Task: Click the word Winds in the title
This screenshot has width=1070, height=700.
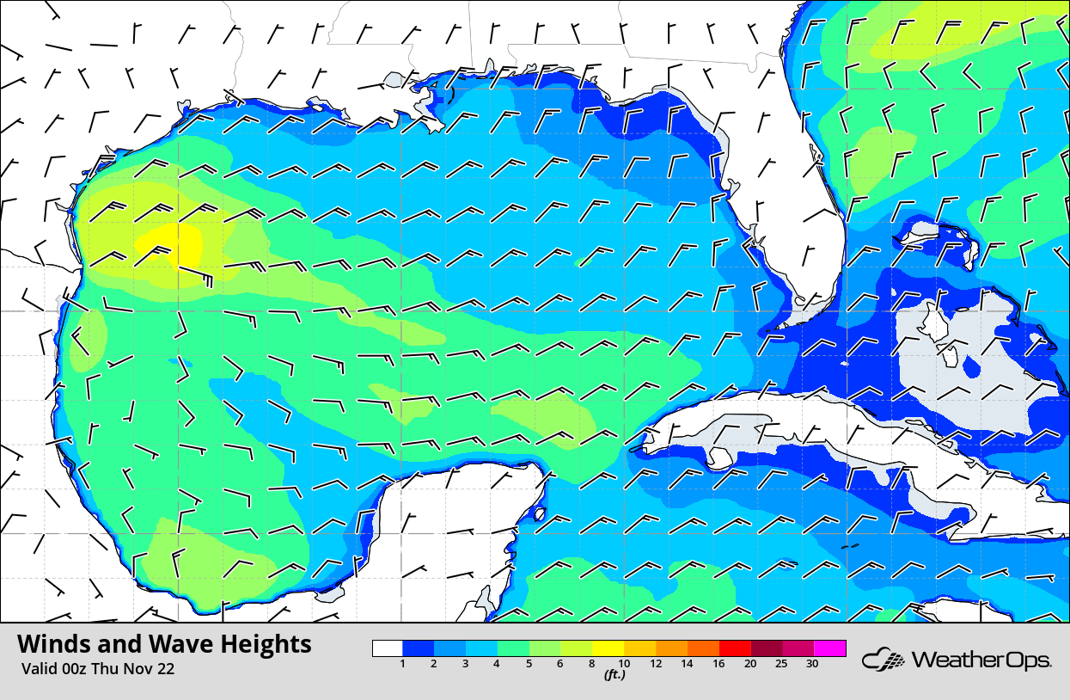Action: [x=52, y=644]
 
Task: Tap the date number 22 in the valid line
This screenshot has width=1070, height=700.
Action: [x=165, y=669]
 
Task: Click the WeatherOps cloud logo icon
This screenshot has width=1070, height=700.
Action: [x=884, y=660]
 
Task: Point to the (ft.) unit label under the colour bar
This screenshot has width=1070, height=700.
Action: [x=614, y=675]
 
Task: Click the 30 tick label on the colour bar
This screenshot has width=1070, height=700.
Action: [x=811, y=664]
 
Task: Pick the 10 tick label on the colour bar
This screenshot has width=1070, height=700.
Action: [x=624, y=664]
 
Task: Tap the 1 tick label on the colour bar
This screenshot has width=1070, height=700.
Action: [x=402, y=664]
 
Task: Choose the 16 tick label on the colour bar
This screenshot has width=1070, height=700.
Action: [x=718, y=664]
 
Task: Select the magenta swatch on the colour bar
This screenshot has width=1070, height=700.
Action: [x=829, y=648]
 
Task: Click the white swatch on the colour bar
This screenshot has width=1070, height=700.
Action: [x=388, y=648]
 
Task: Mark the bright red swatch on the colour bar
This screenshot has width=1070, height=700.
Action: [x=735, y=648]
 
